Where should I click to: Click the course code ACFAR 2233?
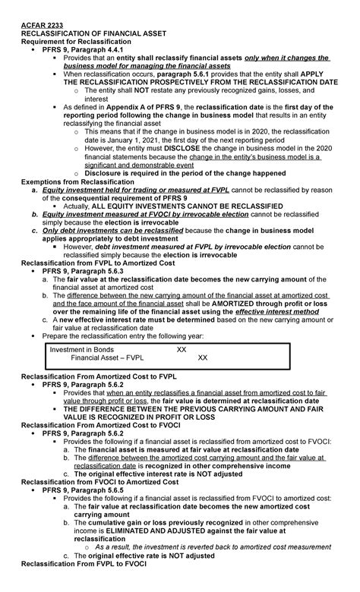40,24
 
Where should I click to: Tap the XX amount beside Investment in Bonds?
181,350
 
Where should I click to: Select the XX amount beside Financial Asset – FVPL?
202,358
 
